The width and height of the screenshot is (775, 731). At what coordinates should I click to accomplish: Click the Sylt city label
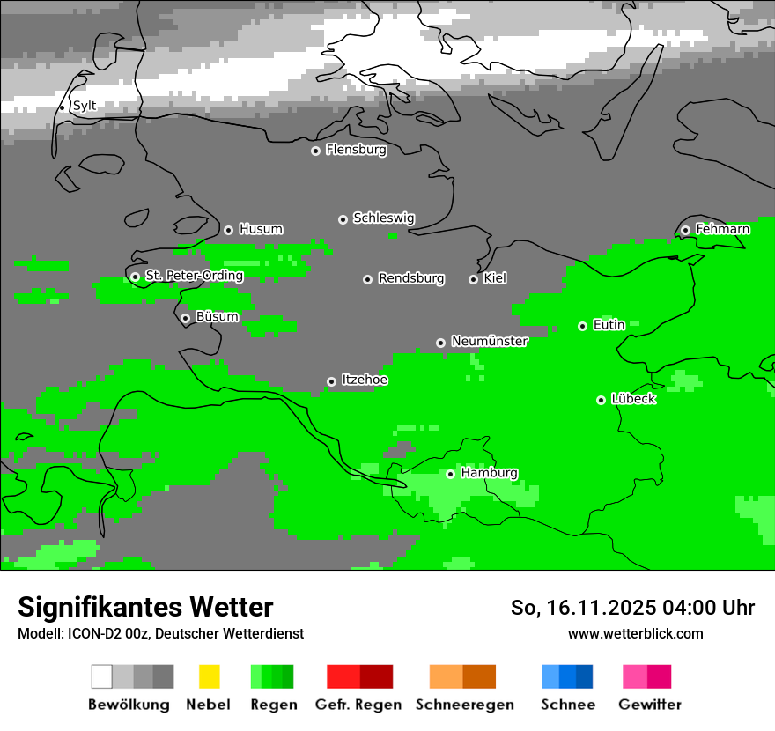[x=84, y=106]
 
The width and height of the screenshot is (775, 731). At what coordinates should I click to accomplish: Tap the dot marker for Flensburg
[x=315, y=151]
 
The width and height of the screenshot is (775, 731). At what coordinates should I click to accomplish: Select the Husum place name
[x=261, y=229]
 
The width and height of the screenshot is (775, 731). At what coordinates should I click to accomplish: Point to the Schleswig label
[x=383, y=218]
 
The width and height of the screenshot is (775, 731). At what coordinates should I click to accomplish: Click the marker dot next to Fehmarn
[x=685, y=230]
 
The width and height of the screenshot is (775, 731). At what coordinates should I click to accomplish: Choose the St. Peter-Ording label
[x=194, y=276]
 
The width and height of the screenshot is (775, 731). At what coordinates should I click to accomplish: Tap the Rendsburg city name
[x=410, y=278]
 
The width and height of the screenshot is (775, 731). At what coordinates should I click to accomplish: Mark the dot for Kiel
[x=473, y=279]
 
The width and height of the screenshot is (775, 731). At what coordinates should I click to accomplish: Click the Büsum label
[x=217, y=317]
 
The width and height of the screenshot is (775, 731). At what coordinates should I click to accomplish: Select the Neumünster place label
[x=489, y=341]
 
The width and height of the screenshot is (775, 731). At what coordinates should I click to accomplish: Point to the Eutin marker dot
[x=582, y=326]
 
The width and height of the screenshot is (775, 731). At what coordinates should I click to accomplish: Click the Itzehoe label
[x=364, y=380]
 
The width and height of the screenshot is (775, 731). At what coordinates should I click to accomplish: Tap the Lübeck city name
[x=632, y=399]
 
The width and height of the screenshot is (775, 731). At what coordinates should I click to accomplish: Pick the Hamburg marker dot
[x=450, y=474]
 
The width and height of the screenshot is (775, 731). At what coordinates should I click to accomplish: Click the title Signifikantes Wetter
[x=145, y=607]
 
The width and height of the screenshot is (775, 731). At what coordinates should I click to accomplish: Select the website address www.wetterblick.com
[x=635, y=633]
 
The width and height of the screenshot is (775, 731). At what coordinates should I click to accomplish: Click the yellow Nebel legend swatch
[x=209, y=676]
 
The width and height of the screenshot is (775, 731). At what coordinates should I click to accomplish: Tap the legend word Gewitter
[x=649, y=705]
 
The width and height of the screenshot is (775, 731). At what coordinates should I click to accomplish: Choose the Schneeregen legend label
[x=464, y=705]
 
